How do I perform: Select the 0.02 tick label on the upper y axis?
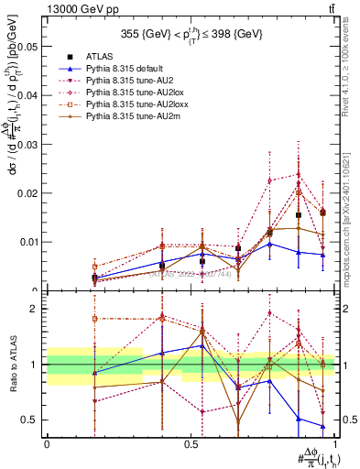tap(27, 192)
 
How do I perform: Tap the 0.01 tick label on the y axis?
tap(27, 242)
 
